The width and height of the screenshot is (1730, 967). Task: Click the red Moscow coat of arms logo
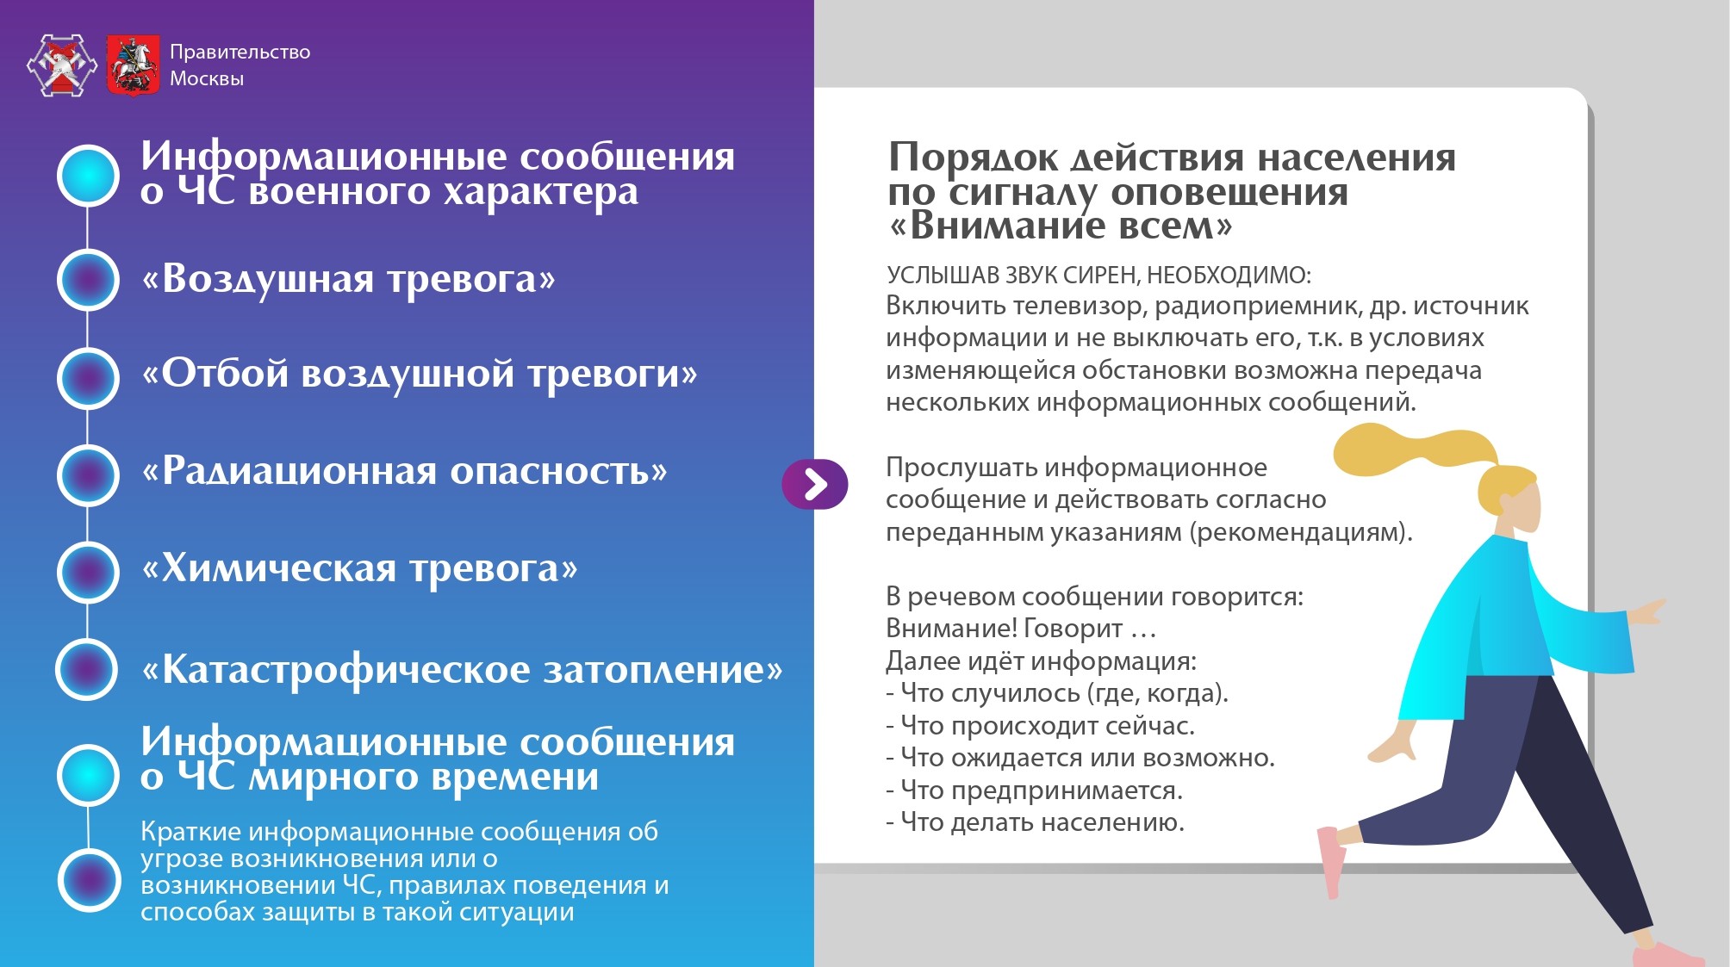(134, 65)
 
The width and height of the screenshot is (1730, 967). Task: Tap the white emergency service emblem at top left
(61, 65)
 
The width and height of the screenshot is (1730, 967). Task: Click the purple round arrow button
(815, 484)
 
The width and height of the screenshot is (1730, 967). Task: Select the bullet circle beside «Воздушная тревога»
(88, 279)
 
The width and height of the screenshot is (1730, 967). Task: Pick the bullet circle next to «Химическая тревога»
(88, 572)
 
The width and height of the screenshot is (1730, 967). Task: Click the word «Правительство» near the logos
(240, 52)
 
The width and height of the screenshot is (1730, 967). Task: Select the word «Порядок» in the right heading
(974, 158)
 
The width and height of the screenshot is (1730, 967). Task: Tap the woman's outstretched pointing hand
(1646, 611)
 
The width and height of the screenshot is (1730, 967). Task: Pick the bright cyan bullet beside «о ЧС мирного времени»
(88, 774)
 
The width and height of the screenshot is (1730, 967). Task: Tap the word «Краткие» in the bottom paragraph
(190, 832)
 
